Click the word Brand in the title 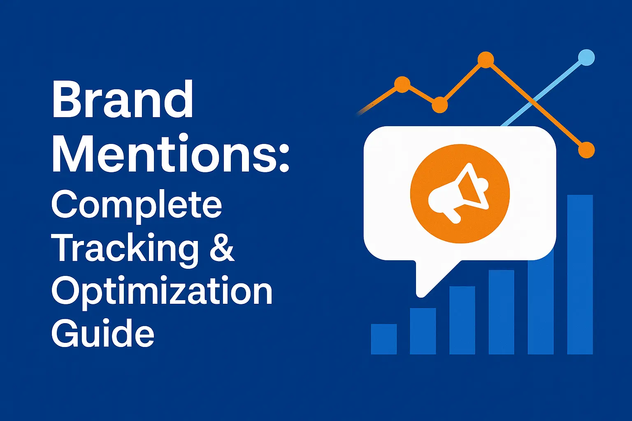(123, 100)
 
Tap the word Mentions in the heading (165, 154)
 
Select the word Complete (137, 205)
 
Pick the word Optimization (162, 291)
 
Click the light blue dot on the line (586, 58)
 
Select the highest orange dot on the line (486, 60)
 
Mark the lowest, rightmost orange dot (586, 150)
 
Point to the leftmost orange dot (402, 85)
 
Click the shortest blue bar (383, 339)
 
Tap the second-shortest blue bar (423, 331)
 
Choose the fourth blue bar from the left (501, 312)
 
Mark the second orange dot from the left (439, 105)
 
